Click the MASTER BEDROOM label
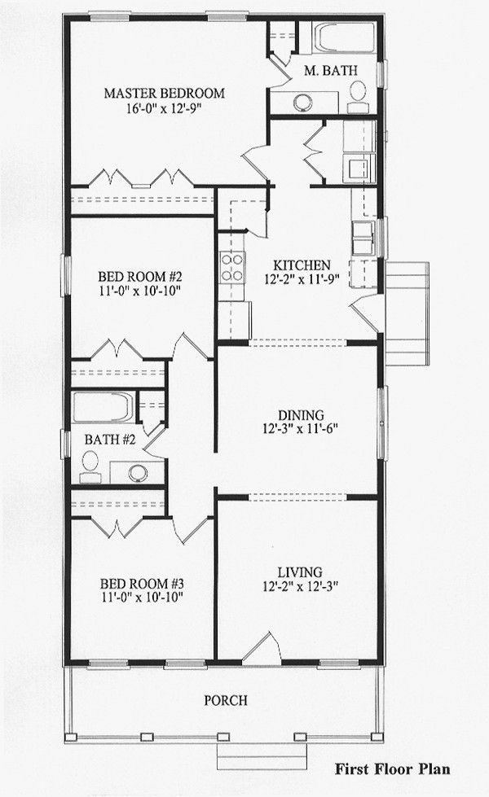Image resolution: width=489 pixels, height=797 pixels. (x=164, y=93)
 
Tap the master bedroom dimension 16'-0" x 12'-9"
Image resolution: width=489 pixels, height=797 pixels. (x=164, y=109)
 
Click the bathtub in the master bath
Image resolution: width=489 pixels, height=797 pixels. (x=345, y=38)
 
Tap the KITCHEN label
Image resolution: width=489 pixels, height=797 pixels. (x=302, y=265)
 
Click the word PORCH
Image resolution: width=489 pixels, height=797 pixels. (x=226, y=700)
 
